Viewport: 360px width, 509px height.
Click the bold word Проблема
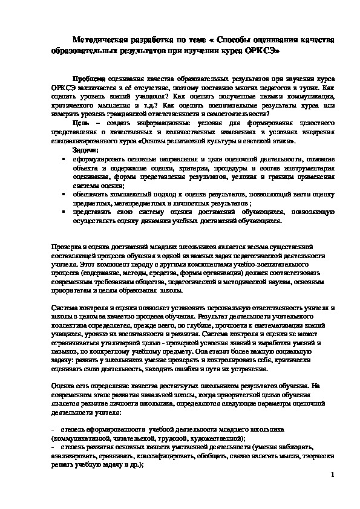(x=88, y=79)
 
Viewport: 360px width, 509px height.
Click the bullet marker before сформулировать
(x=65, y=158)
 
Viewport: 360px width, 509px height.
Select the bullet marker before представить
(x=65, y=213)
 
